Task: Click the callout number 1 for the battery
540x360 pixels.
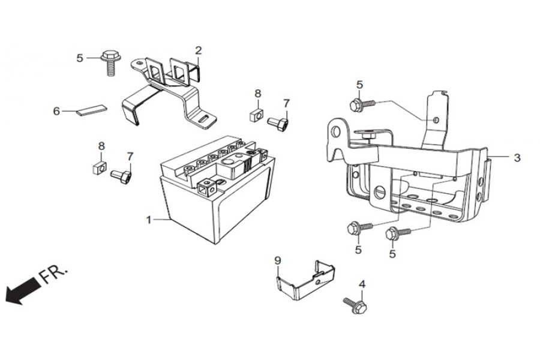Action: (149, 220)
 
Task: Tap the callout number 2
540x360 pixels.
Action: (199, 50)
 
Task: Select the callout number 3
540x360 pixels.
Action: (517, 158)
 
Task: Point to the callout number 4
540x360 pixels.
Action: (362, 284)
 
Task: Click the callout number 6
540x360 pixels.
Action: (56, 111)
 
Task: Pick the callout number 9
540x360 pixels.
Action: (278, 261)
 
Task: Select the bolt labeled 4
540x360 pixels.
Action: (355, 304)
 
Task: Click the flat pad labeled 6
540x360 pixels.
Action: (92, 110)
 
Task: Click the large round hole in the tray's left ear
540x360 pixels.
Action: (334, 131)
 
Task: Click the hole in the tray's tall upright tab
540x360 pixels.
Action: (436, 120)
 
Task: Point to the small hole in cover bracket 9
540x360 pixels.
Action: (318, 281)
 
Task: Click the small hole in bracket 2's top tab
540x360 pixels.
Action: (139, 64)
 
